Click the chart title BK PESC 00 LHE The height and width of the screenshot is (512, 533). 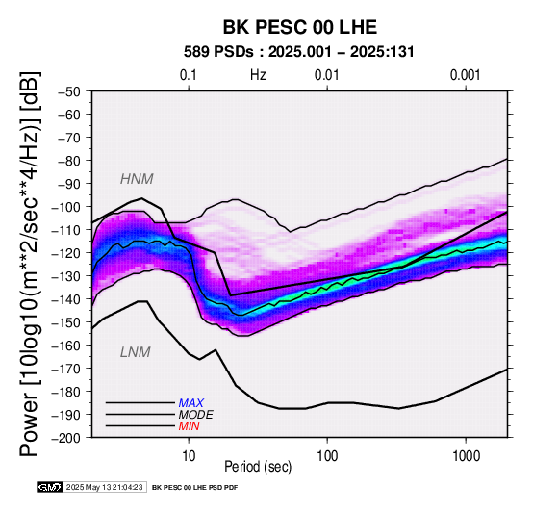pos(300,27)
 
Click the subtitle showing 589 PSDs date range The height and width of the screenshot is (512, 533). pos(299,52)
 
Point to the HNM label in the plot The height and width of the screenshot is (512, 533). pos(137,179)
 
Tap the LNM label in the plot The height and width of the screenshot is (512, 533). pos(136,352)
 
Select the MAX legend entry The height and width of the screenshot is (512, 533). pos(190,403)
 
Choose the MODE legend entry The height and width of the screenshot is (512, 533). pos(195,415)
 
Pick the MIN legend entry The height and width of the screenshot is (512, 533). pos(189,426)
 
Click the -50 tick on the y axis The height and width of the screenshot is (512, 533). pos(69,91)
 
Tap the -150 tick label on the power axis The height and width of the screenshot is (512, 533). pos(66,322)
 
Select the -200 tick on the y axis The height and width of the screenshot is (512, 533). pos(66,438)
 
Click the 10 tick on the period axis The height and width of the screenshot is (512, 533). pos(189,455)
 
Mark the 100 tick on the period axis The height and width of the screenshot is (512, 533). pos(327,455)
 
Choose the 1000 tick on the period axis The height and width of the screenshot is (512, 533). pos(466,455)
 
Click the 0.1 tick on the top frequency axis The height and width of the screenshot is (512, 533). pos(189,75)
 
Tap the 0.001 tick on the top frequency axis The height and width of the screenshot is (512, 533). pos(465,75)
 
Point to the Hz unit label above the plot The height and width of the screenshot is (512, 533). pos(258,75)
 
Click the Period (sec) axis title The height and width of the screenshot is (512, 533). pos(258,467)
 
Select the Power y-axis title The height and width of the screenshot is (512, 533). pos(29,264)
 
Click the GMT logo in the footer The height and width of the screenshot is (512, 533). pos(50,487)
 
